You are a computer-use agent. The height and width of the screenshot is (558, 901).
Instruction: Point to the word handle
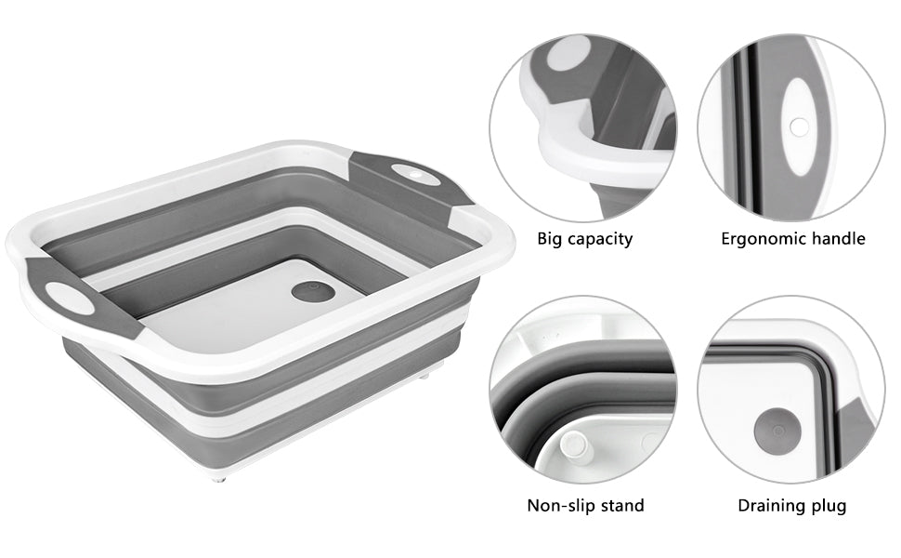pos(839,239)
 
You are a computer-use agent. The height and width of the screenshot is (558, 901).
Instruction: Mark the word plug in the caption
pos(829,506)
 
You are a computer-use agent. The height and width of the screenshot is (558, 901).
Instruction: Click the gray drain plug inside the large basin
pos(313,291)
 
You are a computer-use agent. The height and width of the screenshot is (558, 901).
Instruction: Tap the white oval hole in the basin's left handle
pos(70,299)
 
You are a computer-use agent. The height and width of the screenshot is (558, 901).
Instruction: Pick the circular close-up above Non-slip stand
pos(583,390)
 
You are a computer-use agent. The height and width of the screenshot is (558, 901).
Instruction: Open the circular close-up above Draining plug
pos(791,390)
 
